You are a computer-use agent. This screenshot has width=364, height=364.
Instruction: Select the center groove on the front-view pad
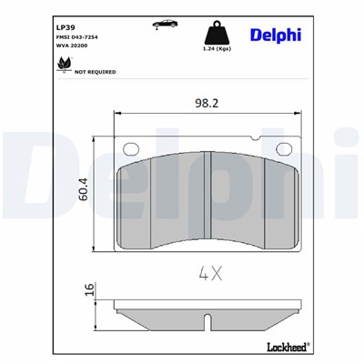(211, 196)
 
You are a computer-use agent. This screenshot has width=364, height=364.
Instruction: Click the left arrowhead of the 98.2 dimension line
(115, 113)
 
